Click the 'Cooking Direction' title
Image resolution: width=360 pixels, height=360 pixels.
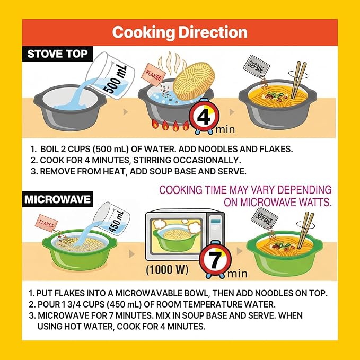coord(180,32)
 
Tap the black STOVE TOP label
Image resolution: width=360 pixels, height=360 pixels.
coord(58,54)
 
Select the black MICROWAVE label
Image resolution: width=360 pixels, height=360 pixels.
coord(58,199)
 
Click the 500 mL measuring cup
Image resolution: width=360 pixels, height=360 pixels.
coord(110,76)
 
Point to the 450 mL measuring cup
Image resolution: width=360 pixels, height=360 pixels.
coord(112,219)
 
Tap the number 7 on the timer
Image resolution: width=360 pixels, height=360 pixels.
coord(215,260)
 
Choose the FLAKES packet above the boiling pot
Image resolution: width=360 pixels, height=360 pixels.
coord(153,75)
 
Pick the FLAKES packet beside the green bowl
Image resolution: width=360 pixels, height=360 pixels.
coord(46,223)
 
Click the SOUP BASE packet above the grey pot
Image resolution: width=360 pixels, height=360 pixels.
coord(256,67)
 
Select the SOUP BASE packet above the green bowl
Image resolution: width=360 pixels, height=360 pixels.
coord(264,219)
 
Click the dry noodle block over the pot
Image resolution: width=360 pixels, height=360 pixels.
coord(194,81)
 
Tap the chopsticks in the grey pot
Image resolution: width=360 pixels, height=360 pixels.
coord(298,80)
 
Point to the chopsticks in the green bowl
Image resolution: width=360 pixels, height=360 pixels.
coord(305,230)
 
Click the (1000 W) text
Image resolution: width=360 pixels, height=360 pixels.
coord(167,269)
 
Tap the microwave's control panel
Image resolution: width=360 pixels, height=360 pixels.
coord(216,230)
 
